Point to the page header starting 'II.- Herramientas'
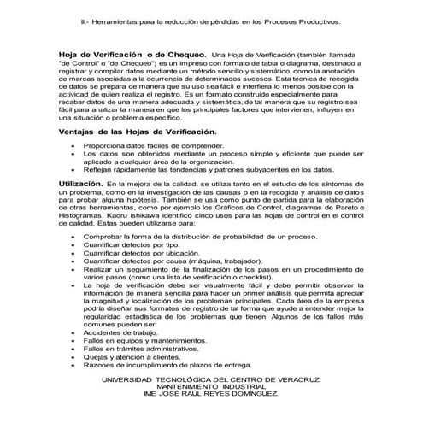(x=211, y=15)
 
